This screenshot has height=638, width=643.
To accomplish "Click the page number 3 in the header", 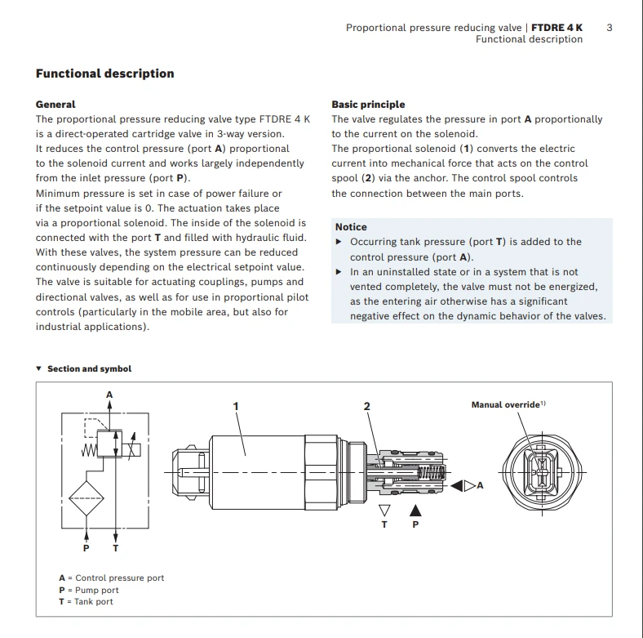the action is click(x=610, y=28).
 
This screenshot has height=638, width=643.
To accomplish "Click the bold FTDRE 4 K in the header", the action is click(x=557, y=28).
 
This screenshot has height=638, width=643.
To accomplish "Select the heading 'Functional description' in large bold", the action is click(x=105, y=74).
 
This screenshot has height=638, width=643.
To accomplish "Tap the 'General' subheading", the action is click(x=55, y=105).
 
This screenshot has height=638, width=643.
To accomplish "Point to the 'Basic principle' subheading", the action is click(x=368, y=105).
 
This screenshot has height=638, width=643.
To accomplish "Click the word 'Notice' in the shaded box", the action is click(x=351, y=227).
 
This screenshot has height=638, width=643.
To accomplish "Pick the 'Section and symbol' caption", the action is click(x=90, y=368).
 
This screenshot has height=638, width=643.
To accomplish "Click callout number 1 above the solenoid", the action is click(x=236, y=406).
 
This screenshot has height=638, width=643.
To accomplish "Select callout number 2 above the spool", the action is click(x=367, y=406).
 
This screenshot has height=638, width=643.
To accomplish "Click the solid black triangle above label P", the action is click(x=415, y=511).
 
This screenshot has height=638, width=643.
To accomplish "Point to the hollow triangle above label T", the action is click(x=384, y=511).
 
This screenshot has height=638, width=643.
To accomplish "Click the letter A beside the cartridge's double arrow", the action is click(x=480, y=485).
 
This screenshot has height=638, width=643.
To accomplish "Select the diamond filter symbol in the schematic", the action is click(x=86, y=498).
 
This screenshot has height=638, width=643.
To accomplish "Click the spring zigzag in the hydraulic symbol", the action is click(x=89, y=450).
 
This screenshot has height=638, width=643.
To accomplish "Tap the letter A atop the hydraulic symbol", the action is click(x=109, y=395).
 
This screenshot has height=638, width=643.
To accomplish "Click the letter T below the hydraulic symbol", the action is click(x=116, y=548).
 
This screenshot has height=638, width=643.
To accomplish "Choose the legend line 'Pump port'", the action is click(x=89, y=590).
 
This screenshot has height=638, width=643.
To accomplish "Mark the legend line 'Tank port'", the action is click(x=86, y=601).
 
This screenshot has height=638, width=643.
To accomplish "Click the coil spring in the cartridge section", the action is click(x=432, y=472).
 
